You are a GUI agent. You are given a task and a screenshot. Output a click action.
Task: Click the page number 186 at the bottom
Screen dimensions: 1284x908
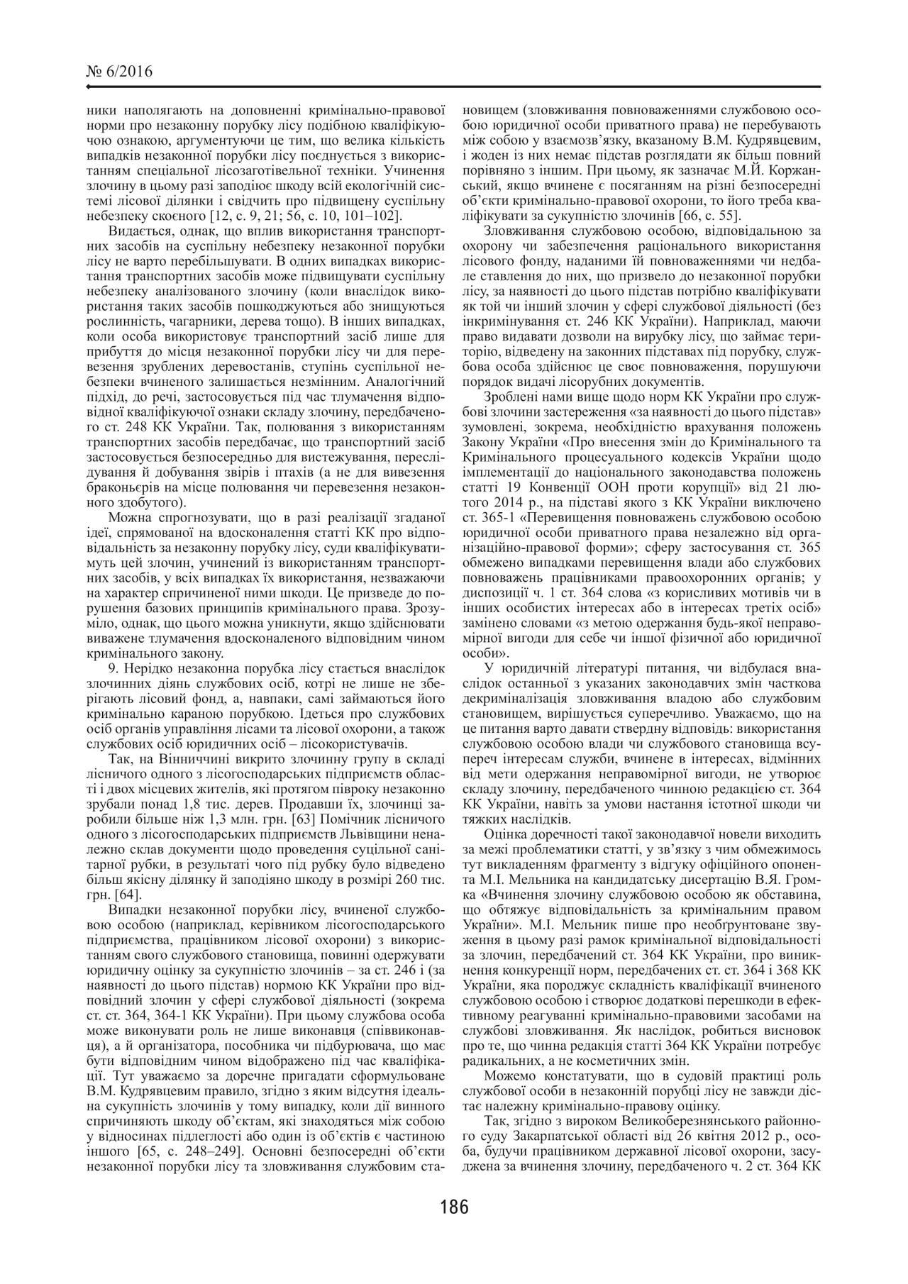click(454, 1207)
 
